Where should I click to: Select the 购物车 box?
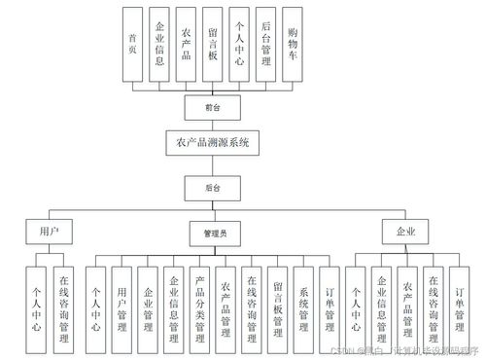(x=293, y=43)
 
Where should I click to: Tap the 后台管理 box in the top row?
(x=265, y=43)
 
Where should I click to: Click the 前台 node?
(x=213, y=105)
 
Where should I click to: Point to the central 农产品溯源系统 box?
(x=213, y=143)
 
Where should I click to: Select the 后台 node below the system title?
(x=213, y=185)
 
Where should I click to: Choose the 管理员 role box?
(x=214, y=233)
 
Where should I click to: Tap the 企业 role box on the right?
(x=406, y=232)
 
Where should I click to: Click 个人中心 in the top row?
(x=239, y=43)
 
